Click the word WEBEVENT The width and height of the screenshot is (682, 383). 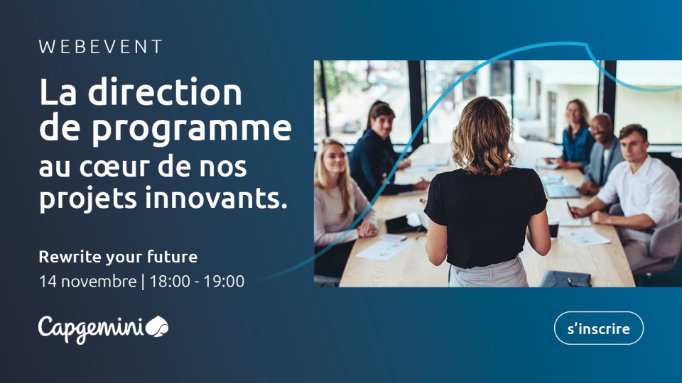pyautogui.click(x=101, y=48)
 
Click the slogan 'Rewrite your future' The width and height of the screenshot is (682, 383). pyautogui.click(x=118, y=256)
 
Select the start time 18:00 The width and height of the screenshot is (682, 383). pyautogui.click(x=170, y=281)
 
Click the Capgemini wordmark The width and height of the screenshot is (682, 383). pyautogui.click(x=90, y=328)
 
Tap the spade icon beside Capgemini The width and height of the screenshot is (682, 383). pyautogui.click(x=157, y=327)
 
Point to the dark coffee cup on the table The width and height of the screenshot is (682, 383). pyautogui.click(x=553, y=228)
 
